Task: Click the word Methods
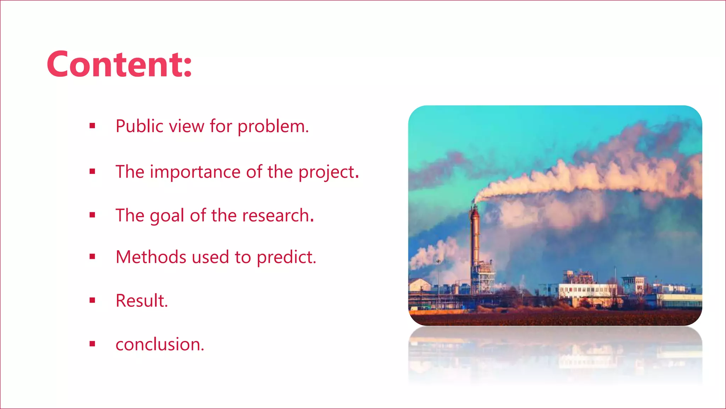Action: coord(150,257)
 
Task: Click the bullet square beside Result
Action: coord(93,300)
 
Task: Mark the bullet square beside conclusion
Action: coord(93,344)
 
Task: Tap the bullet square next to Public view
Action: coord(93,125)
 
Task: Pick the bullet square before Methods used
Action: coord(93,256)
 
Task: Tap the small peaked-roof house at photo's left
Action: coord(419,285)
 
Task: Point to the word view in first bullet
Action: coord(186,126)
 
